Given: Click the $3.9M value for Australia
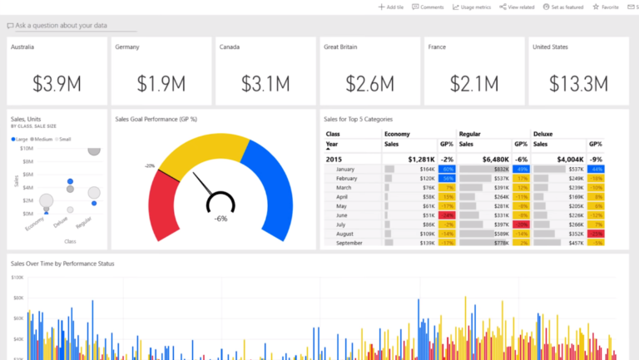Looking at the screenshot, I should (x=57, y=83).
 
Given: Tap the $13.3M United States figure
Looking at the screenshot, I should (x=578, y=83).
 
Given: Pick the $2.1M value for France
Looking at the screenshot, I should (x=474, y=83).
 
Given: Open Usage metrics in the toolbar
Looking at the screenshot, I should (x=472, y=7).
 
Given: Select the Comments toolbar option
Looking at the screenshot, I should (x=428, y=7).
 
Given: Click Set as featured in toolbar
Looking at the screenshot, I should (x=565, y=7).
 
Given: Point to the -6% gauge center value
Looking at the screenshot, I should (x=220, y=219).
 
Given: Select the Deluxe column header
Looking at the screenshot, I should (x=543, y=133).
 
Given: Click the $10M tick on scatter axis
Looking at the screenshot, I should (x=26, y=148).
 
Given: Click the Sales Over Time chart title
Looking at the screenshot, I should (x=62, y=263).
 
